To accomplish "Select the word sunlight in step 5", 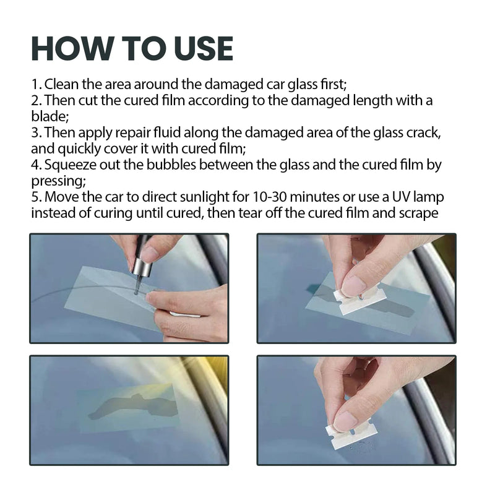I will pyautogui.click(x=209, y=197).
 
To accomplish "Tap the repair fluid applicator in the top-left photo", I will pyautogui.click(x=140, y=263).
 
